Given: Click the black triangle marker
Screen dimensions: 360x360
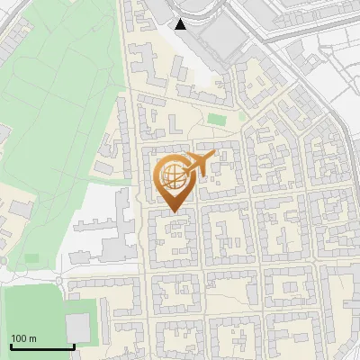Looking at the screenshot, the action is coord(181,24).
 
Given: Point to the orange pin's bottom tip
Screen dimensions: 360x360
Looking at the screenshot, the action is coord(173,212).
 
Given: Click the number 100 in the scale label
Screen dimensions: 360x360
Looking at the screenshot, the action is coord(19,338).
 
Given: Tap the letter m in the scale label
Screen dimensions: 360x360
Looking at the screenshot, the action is coord(32,338).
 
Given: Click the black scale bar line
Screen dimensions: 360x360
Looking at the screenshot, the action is coord(42,346).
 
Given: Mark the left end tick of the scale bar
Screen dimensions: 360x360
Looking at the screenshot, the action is coord(11,345).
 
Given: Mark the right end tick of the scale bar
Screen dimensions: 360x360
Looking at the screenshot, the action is coord(74,345).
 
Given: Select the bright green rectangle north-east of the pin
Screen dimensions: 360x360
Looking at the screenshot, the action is coord(215,119).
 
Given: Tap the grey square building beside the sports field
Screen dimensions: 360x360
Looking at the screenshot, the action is coord(79,325).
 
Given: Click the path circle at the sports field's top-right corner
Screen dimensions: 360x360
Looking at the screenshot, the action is coord(63,283).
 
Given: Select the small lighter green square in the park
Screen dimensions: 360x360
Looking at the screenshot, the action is coord(31,258).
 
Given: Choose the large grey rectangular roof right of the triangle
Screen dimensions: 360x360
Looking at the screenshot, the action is coord(217,36).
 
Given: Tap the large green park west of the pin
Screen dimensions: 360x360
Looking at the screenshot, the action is coord(63,117).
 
